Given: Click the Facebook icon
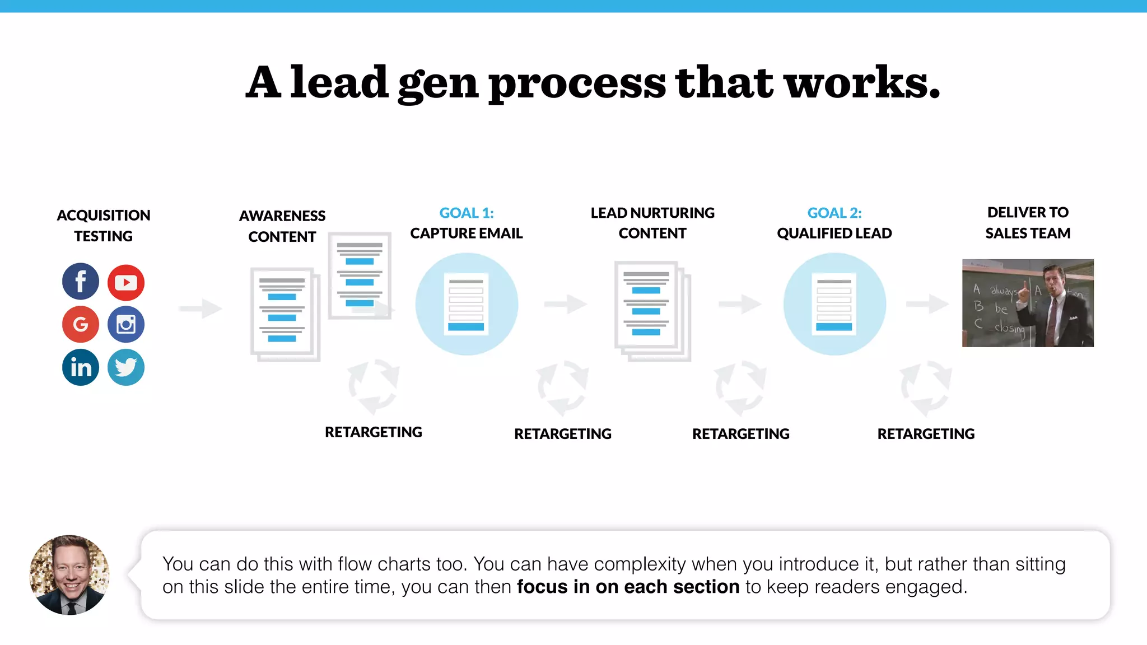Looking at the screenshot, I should point(81,281).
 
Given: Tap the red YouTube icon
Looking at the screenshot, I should point(126,282).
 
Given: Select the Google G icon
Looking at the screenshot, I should point(81,324).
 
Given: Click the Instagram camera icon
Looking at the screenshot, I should point(126,324).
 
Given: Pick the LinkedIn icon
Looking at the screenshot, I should point(81,367).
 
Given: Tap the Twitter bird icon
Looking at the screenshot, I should point(126,367).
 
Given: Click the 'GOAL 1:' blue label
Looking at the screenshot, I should point(467,213).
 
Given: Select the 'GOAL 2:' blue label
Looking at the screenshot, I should point(834,213).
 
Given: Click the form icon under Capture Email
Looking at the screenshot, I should point(466,304).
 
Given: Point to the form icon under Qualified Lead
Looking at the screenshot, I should point(834,304).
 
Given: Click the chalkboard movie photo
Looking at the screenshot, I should point(1028,303).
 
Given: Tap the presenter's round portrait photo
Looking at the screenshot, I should point(69,575).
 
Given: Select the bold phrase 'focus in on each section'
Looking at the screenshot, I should point(628,587).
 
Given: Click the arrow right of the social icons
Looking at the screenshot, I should point(201,308).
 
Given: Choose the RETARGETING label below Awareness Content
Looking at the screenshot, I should point(374,432).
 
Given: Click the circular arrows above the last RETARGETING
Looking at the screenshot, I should point(926,387).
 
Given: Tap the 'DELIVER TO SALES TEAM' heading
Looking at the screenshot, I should point(1028,222).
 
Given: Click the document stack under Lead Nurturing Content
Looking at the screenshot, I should point(652,311).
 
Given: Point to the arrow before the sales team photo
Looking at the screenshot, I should point(927,304).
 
